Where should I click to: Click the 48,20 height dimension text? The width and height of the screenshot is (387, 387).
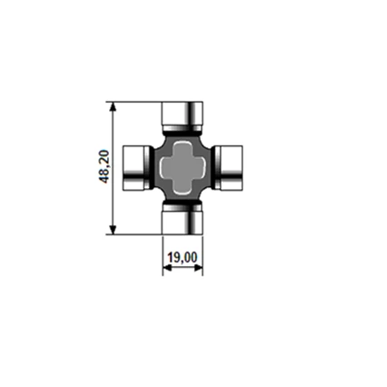point(104,167)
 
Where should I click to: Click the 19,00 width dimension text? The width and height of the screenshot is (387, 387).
point(183,258)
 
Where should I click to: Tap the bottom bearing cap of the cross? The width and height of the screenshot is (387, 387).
point(183,220)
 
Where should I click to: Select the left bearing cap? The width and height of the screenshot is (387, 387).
point(135,167)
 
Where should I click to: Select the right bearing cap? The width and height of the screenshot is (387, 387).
point(230,167)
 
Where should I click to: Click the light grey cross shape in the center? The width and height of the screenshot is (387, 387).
point(183,167)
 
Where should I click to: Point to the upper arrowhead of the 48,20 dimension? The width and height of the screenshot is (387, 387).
point(113,106)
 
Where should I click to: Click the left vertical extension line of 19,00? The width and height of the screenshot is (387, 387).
point(163,254)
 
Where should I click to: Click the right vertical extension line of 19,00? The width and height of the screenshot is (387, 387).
point(203,254)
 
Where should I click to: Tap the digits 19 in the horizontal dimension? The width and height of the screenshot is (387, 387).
point(174,258)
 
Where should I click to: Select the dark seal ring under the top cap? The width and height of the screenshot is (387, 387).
point(183,131)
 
